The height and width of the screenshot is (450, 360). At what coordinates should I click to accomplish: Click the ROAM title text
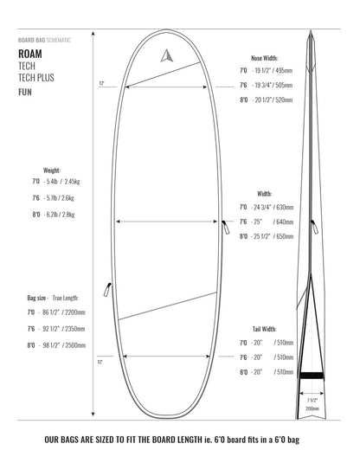click(30, 53)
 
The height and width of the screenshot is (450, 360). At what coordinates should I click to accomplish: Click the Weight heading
click(51, 170)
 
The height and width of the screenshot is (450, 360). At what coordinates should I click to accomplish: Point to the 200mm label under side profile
click(312, 408)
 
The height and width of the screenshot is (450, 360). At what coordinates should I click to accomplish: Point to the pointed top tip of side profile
click(311, 32)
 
